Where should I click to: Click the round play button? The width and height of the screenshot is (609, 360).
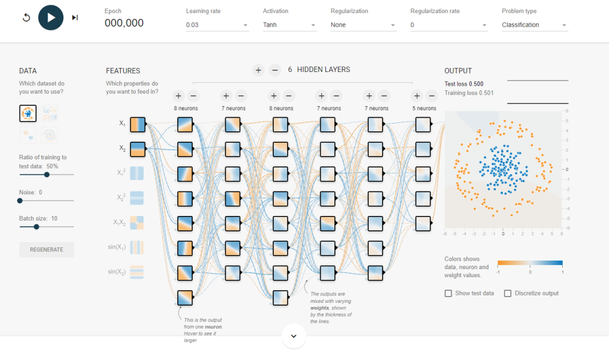click(x=51, y=18)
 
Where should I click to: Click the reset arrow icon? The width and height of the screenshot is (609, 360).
click(x=26, y=18)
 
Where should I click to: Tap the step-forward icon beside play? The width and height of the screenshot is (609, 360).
click(x=75, y=18)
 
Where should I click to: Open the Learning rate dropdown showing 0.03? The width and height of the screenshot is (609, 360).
click(x=217, y=25)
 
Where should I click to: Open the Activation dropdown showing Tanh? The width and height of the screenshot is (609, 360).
click(x=290, y=25)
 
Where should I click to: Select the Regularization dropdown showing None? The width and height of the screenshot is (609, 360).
click(x=363, y=25)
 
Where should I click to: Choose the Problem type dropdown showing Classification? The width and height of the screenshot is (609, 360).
click(x=535, y=25)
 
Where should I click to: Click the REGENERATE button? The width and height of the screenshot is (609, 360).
click(x=47, y=250)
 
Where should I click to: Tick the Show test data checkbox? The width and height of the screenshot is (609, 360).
click(x=448, y=293)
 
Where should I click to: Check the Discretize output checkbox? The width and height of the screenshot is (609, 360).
click(x=508, y=293)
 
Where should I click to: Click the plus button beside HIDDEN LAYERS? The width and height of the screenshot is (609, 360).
click(x=258, y=70)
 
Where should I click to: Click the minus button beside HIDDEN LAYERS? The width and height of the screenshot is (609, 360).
click(x=274, y=70)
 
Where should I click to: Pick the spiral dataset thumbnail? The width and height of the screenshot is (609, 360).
click(x=49, y=135)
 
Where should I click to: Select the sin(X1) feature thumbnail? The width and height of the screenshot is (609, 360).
click(x=137, y=247)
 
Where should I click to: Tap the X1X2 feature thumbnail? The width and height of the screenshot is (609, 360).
click(x=137, y=223)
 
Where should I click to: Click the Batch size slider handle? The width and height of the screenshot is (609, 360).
click(x=36, y=227)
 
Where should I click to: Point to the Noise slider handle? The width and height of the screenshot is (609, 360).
click(x=20, y=201)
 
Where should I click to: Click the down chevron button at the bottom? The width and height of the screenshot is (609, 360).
click(x=293, y=336)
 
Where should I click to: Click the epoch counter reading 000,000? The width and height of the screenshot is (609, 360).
click(x=124, y=23)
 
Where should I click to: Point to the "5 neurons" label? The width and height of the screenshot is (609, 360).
click(x=424, y=108)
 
